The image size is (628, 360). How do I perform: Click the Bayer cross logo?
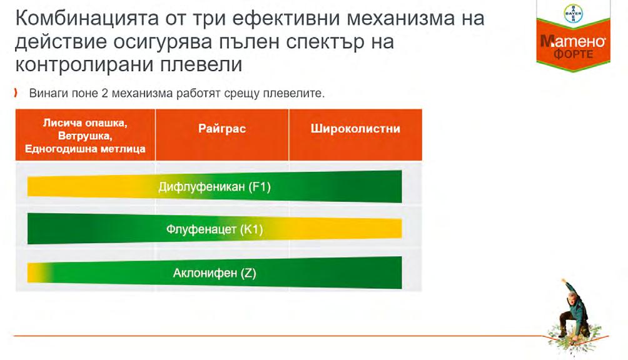point(573,14)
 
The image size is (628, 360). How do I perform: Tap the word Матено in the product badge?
point(573,41)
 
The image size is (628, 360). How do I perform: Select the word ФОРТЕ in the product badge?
point(573,54)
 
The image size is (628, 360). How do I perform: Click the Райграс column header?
point(222,128)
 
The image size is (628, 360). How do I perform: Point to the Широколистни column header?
point(355,128)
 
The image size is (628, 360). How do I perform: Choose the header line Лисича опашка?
point(85,122)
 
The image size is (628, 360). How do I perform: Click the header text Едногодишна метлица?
point(85,149)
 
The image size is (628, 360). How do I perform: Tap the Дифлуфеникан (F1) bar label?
point(215,187)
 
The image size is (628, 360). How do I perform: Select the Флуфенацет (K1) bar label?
point(215,229)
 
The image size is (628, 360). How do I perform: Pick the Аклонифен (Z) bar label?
point(215,273)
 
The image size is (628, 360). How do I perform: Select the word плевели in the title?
point(201,65)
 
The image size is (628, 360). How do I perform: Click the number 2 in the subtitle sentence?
point(105,93)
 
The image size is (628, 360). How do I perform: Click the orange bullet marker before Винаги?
point(16,93)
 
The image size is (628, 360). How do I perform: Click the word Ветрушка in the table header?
point(85,136)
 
